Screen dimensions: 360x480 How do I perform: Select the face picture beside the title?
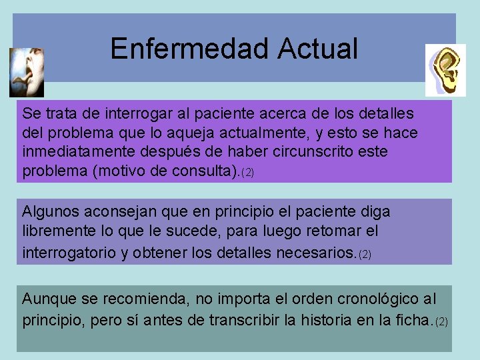(x=26, y=72)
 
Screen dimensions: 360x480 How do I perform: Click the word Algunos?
(x=51, y=212)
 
